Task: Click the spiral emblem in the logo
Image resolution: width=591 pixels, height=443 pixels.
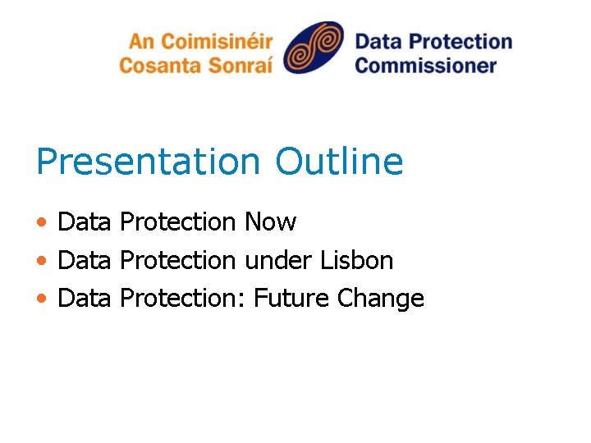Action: (314, 48)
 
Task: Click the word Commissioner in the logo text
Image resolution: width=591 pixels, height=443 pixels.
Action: (426, 65)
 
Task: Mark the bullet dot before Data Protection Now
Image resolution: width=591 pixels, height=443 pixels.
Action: (41, 222)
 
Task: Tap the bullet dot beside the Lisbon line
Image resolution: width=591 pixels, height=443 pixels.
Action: (41, 261)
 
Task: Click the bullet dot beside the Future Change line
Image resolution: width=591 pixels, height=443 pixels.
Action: (41, 299)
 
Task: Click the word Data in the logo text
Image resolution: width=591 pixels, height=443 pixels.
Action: (380, 42)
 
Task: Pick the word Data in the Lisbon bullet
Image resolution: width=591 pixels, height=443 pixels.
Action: (84, 260)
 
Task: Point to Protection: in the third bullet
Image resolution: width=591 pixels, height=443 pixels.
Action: (183, 299)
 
